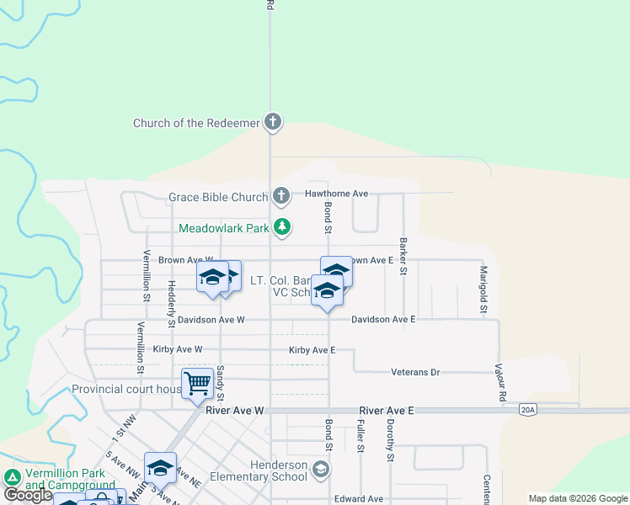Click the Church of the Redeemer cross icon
tap(272, 123)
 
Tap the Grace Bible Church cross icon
tap(281, 197)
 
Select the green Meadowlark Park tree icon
tap(283, 227)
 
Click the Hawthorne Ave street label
tap(337, 194)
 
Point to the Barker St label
tap(404, 256)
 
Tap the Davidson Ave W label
tap(210, 320)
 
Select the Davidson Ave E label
tap(383, 320)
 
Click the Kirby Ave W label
tap(177, 349)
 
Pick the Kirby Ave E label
tap(312, 349)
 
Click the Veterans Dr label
tap(415, 372)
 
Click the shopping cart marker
tap(197, 383)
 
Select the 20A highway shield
tap(527, 411)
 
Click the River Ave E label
tap(387, 411)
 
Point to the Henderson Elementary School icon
tap(320, 469)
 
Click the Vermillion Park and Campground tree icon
tap(12, 477)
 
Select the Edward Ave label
tap(359, 499)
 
